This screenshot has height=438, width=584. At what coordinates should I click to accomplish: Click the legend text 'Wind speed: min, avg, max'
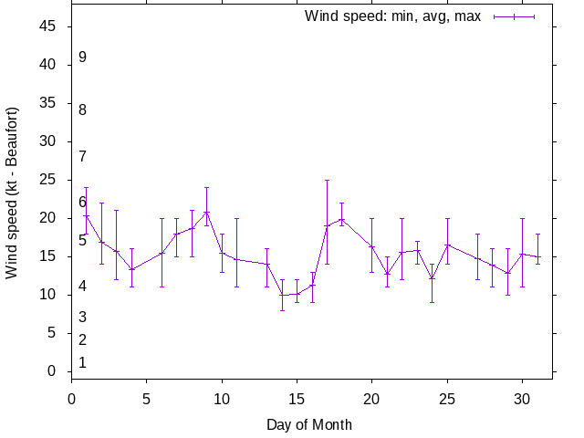point(392,16)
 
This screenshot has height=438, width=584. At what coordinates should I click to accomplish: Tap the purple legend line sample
point(514,16)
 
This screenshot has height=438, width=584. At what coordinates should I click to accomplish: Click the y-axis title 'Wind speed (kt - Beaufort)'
point(12,193)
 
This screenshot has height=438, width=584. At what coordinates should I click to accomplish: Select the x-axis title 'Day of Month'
point(309,424)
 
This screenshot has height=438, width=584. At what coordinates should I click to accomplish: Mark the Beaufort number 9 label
point(82,57)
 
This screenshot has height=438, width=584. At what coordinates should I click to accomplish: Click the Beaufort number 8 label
point(82,109)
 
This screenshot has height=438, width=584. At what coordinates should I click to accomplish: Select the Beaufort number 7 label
point(82,156)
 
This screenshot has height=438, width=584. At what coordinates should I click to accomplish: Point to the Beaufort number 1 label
point(82,362)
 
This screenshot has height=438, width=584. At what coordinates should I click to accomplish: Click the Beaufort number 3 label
point(82,317)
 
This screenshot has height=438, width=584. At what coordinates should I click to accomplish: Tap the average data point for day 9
point(207,212)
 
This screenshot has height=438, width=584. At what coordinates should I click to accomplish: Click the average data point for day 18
point(341,219)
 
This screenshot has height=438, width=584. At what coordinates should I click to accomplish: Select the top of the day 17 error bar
point(327,180)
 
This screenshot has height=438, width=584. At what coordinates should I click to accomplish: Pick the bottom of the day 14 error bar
point(282,310)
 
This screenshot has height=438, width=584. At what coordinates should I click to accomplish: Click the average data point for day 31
point(537,257)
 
